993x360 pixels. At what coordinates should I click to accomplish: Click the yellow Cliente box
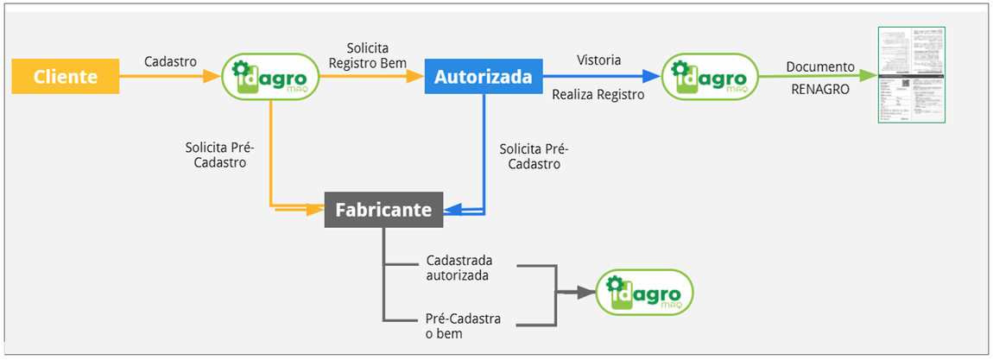point(65,77)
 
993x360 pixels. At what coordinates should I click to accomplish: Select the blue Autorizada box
point(483,77)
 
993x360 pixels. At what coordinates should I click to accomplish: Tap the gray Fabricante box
point(383,209)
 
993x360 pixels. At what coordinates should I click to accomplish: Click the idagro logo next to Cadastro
point(270,77)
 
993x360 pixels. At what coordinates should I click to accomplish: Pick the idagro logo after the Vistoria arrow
point(708,77)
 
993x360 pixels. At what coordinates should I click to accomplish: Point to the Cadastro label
point(170,61)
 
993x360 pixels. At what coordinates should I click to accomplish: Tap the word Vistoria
point(598,60)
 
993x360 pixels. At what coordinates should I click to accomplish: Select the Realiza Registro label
point(598,95)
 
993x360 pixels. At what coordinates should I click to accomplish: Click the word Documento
point(819,66)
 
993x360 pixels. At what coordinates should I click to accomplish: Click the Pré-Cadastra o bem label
point(463,325)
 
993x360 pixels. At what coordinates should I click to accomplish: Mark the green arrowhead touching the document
point(867,76)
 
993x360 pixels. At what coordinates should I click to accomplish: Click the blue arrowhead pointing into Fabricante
point(452,209)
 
